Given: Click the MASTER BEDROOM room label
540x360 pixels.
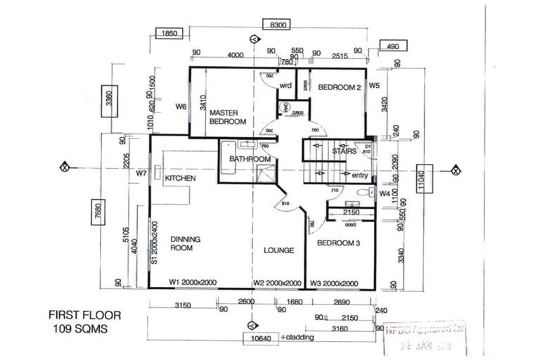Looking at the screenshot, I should (x=228, y=117).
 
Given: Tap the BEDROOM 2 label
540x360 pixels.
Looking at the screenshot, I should (x=339, y=88).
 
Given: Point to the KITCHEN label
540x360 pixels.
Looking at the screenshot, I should (x=180, y=179).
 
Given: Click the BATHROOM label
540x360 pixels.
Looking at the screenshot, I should (x=250, y=160).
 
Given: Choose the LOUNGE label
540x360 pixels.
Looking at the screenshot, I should (x=278, y=250).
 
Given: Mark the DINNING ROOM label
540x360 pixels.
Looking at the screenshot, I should (x=186, y=243).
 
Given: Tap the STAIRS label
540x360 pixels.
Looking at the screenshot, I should (x=343, y=150).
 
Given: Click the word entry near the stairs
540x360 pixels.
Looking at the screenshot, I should (x=359, y=175).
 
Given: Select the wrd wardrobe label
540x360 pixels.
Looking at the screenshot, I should (x=285, y=86).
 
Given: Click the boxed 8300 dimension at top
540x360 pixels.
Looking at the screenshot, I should (x=280, y=25).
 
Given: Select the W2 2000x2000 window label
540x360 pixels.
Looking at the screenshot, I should (x=278, y=283).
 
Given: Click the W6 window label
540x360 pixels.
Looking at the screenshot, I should (x=181, y=108).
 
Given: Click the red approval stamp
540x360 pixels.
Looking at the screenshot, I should (x=427, y=335).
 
